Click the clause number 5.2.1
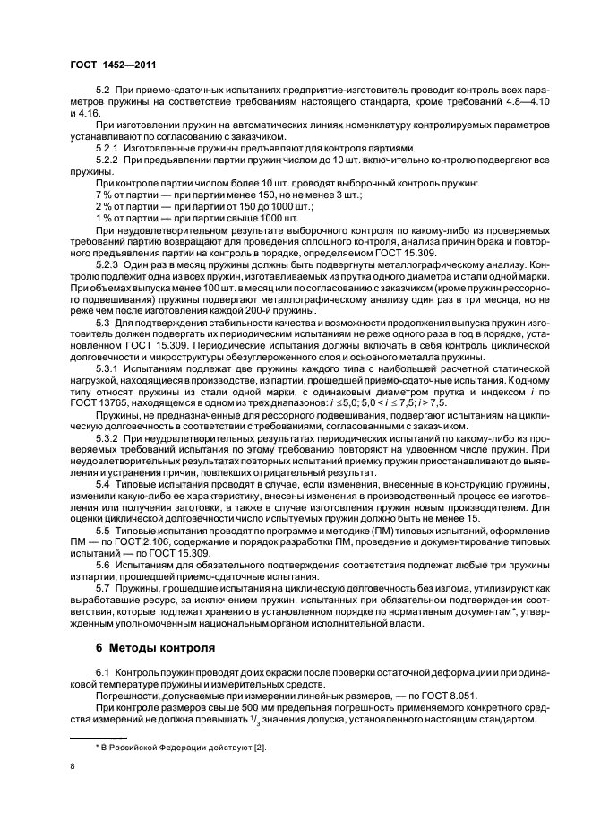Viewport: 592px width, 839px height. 107,147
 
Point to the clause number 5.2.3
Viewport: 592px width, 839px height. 107,265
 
